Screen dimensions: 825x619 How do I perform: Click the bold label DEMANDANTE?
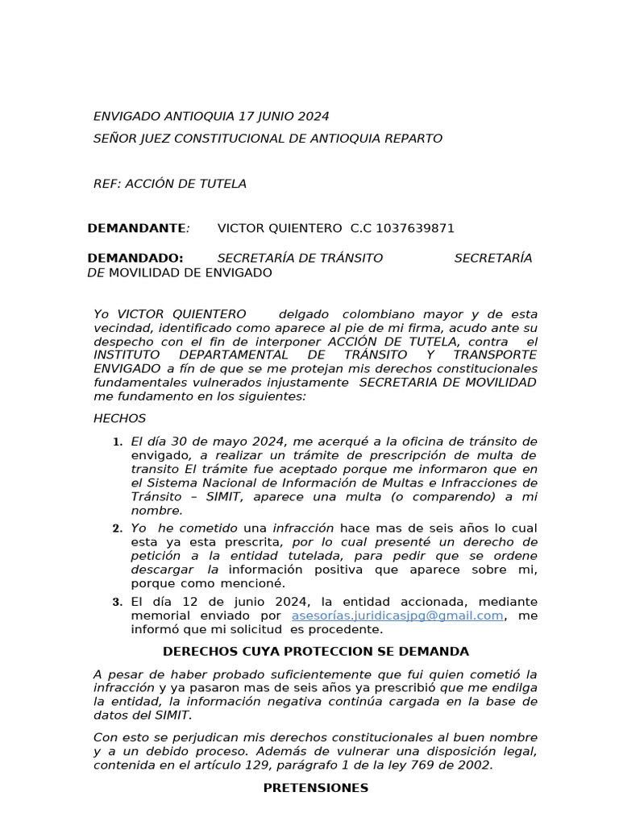point(136,228)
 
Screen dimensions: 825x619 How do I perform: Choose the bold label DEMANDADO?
point(135,258)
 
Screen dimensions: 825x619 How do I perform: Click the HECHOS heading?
point(120,418)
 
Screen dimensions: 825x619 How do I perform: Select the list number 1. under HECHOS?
point(117,442)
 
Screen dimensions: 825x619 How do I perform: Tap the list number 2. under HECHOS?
point(117,529)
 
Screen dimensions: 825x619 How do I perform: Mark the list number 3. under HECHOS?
point(117,602)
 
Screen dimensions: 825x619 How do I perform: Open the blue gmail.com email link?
point(397,616)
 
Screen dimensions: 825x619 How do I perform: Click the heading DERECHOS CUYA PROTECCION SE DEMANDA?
point(316,651)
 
